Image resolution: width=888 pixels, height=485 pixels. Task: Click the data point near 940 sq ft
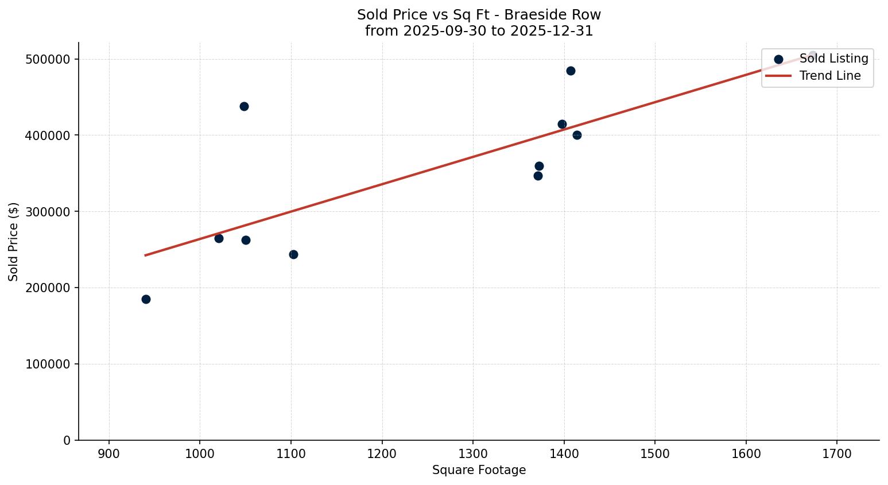click(146, 299)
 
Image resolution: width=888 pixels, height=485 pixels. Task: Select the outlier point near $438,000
click(244, 106)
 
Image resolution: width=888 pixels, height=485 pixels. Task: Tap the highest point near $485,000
click(571, 71)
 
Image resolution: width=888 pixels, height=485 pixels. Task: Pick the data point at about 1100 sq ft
click(293, 254)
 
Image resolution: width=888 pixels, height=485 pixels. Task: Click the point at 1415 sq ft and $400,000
click(577, 135)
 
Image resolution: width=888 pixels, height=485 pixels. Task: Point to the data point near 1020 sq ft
click(219, 238)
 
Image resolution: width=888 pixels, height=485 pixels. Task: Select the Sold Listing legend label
click(833, 59)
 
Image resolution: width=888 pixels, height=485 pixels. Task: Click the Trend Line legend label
click(830, 76)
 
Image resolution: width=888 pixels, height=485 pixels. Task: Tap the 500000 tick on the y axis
click(48, 60)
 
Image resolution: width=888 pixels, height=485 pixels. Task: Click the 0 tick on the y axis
click(67, 440)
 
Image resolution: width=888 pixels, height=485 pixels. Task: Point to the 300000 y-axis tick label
click(48, 212)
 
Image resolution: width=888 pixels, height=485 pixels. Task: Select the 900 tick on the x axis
click(109, 453)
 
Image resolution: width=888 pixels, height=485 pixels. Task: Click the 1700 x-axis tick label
click(837, 453)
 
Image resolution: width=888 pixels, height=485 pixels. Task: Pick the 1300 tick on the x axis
click(473, 453)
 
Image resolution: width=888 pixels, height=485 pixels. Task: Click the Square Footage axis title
click(479, 470)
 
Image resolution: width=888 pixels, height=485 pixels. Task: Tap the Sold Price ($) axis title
click(14, 242)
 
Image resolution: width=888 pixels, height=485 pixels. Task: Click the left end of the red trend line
click(145, 255)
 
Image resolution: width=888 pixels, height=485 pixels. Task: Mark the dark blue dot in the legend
click(778, 59)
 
